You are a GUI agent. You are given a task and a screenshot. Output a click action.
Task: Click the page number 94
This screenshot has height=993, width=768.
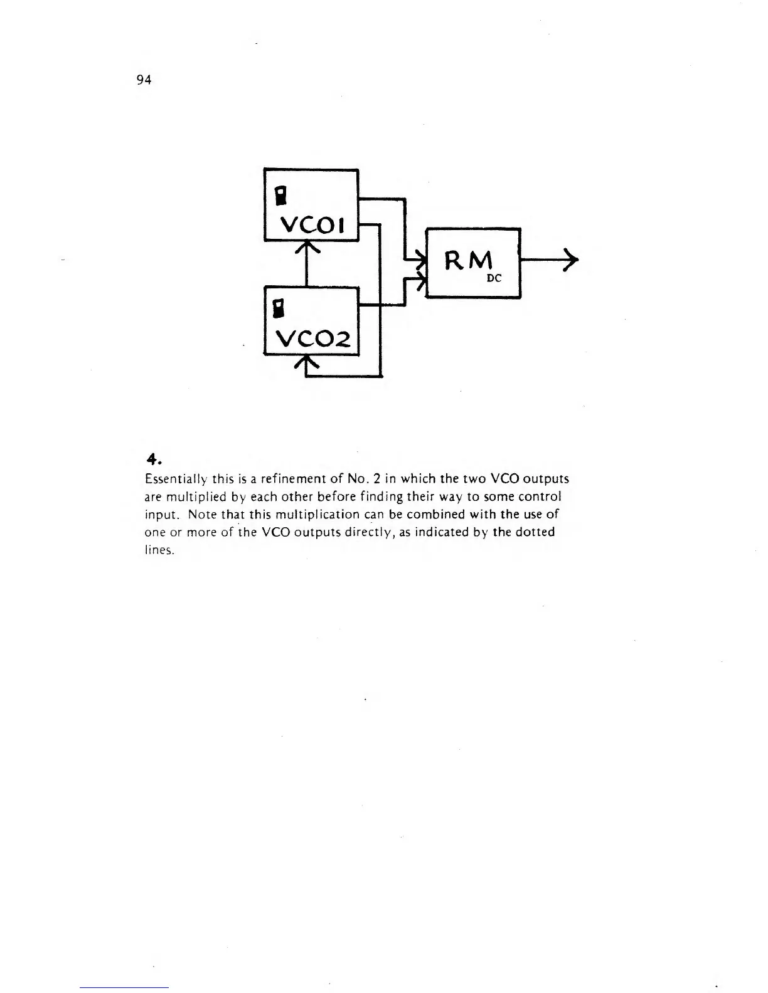point(144,80)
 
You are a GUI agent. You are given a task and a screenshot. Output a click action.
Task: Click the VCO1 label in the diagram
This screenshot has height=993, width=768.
point(312,224)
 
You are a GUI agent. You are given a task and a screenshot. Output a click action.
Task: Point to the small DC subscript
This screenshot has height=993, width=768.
point(494,278)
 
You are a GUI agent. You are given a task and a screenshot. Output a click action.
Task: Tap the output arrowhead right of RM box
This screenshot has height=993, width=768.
point(570,260)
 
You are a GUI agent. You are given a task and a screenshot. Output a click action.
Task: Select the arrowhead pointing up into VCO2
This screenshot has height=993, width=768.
point(306,362)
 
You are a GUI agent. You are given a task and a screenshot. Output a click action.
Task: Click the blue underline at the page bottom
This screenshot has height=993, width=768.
point(124,987)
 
